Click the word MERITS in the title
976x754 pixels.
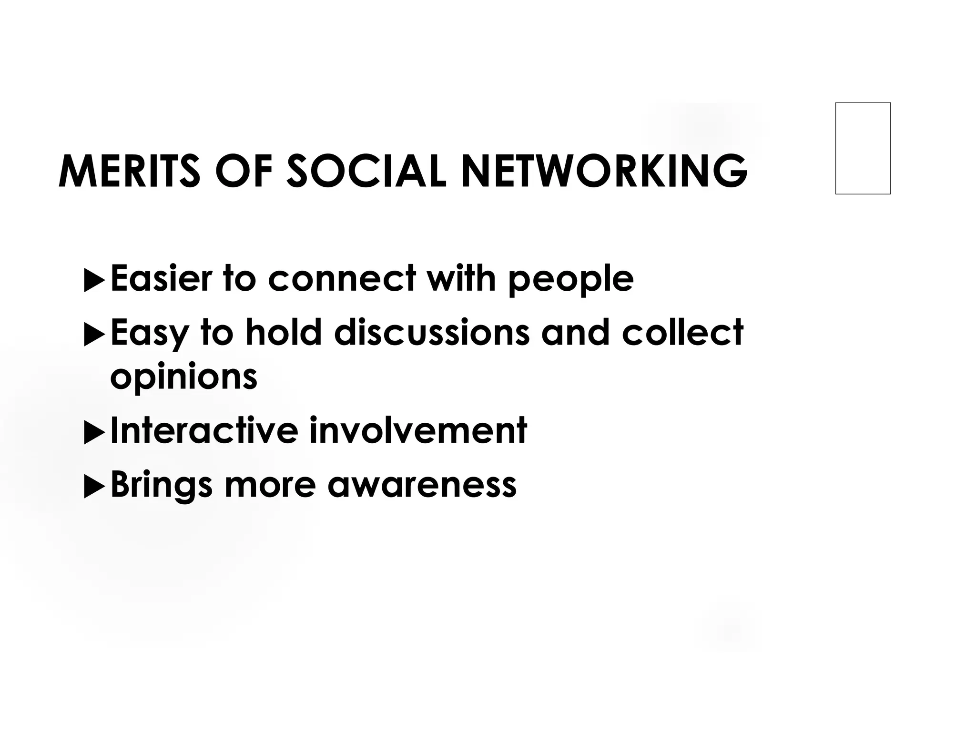[x=129, y=172]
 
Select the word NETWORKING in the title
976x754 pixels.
[x=604, y=172]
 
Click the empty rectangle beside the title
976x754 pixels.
[x=863, y=148]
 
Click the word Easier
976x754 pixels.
[x=161, y=278]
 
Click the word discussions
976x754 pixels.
[x=432, y=332]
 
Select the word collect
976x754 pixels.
[x=682, y=332]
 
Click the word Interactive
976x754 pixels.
[x=204, y=430]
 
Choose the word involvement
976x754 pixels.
[x=418, y=430]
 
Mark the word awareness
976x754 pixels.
[x=422, y=485]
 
